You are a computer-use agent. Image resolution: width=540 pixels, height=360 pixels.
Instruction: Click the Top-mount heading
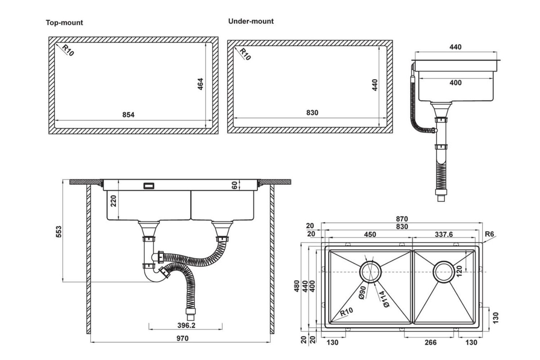pyautogui.click(x=64, y=23)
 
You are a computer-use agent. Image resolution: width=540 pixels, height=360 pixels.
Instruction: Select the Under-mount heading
pyautogui.click(x=251, y=21)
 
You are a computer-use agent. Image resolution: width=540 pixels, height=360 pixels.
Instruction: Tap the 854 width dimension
pyautogui.click(x=128, y=115)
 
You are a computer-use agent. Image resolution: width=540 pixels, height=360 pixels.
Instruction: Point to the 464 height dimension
pyautogui.click(x=201, y=84)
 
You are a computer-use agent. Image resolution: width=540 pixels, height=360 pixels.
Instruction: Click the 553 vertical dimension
pyautogui.click(x=59, y=231)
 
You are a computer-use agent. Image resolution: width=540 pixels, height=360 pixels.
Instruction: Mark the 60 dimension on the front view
pyautogui.click(x=235, y=186)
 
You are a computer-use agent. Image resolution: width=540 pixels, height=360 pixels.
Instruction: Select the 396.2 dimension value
pyautogui.click(x=186, y=325)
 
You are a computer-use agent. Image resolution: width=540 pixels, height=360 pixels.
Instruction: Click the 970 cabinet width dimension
pyautogui.click(x=182, y=338)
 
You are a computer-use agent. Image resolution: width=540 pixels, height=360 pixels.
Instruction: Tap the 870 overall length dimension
pyautogui.click(x=402, y=219)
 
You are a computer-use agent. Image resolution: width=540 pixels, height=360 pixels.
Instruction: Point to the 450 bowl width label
pyautogui.click(x=370, y=234)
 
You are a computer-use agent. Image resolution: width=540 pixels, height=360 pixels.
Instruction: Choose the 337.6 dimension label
pyautogui.click(x=444, y=234)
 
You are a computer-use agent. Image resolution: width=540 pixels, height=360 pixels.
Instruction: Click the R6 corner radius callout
pyautogui.click(x=489, y=234)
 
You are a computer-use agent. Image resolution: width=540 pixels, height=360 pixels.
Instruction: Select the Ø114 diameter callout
pyautogui.click(x=383, y=299)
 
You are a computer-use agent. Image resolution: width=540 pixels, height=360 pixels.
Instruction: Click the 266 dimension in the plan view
pyautogui.click(x=430, y=342)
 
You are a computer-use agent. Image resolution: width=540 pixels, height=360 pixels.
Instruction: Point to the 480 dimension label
pyautogui.click(x=297, y=286)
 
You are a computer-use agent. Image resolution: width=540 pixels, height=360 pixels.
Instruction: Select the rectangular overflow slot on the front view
pyautogui.click(x=149, y=186)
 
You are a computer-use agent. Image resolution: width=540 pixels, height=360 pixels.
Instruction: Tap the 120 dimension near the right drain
pyautogui.click(x=459, y=271)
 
